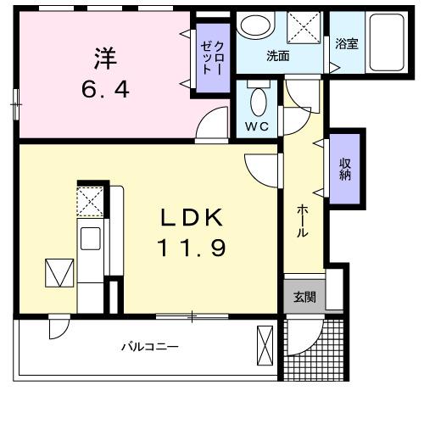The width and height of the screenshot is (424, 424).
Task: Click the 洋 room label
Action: [x=103, y=59]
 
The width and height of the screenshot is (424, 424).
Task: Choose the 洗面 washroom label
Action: [x=278, y=57]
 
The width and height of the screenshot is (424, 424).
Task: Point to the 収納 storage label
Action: [x=346, y=170]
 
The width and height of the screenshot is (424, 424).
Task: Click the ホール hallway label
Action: [x=302, y=222]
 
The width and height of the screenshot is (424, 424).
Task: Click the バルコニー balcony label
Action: [x=149, y=347]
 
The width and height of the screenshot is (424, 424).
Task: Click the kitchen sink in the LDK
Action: [x=90, y=237]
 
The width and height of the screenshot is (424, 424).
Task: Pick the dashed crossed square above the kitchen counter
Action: [x=90, y=201]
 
